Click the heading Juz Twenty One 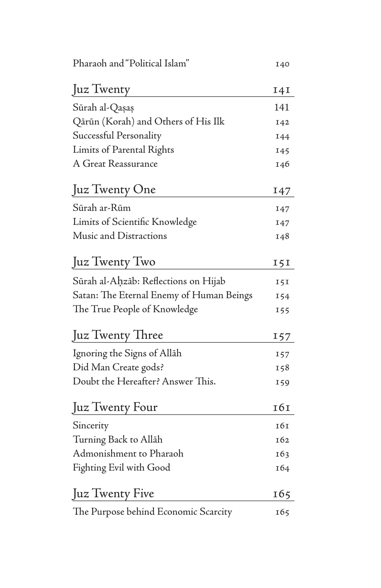114,190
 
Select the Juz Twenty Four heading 115,407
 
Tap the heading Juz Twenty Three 118,335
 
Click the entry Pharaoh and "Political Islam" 131,64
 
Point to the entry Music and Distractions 119,236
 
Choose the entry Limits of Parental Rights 123,150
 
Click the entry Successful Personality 117,136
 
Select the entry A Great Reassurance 115,164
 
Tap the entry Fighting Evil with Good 121,468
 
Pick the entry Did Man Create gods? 118,367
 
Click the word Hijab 214,281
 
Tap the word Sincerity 90,425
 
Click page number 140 282,64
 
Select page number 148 282,237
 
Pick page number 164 282,468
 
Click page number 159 282,382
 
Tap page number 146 282,164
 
